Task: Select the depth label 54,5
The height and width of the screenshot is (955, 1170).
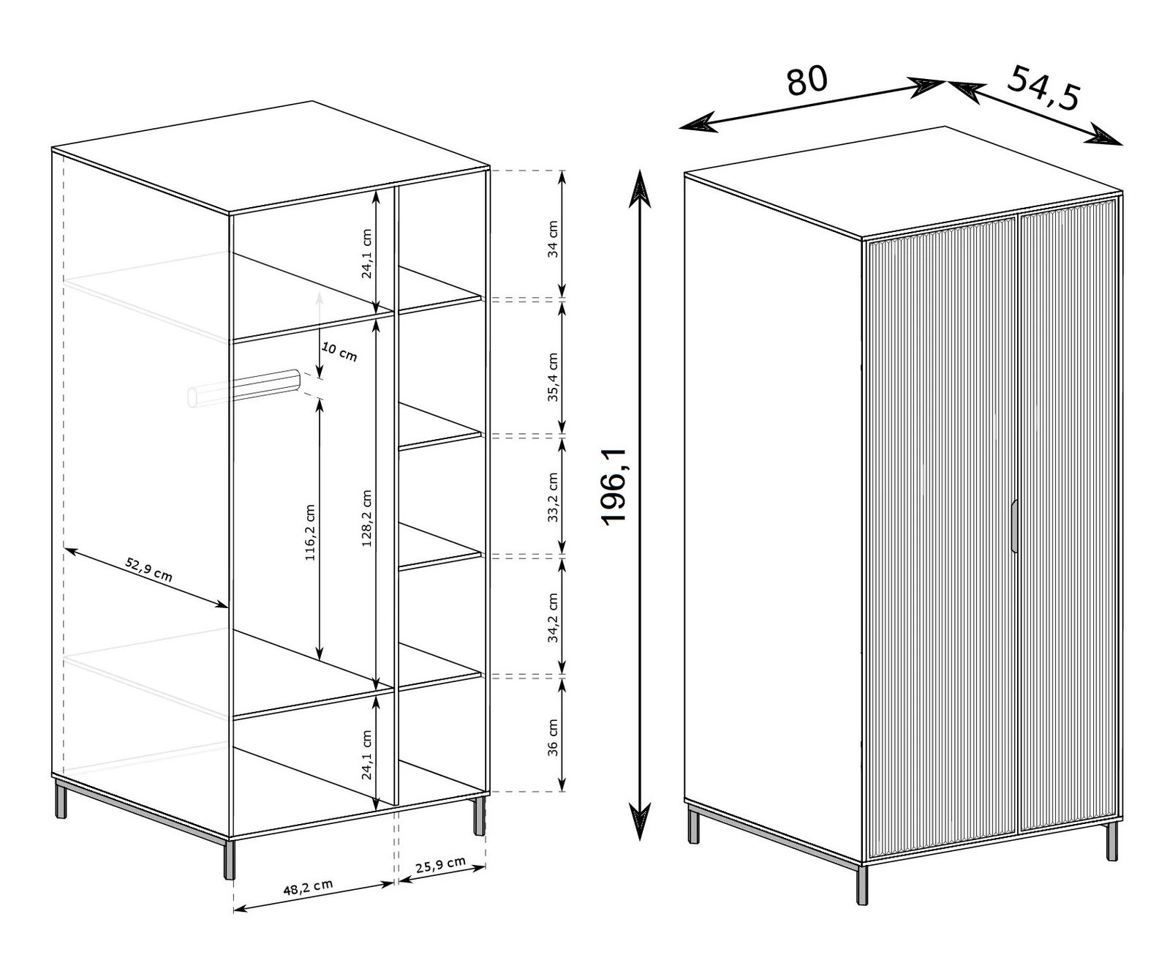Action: pyautogui.click(x=1043, y=88)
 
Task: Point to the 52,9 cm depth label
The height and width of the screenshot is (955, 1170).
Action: pyautogui.click(x=148, y=569)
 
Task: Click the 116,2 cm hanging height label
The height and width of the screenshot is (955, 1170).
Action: pyautogui.click(x=310, y=533)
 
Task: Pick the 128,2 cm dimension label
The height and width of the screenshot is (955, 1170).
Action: pyautogui.click(x=366, y=518)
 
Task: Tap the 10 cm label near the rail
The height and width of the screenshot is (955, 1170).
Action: pyautogui.click(x=339, y=351)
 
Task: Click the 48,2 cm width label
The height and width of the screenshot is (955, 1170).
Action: pyautogui.click(x=308, y=887)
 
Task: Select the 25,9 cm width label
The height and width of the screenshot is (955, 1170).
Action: pyautogui.click(x=440, y=864)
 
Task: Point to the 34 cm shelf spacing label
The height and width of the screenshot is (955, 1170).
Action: pyautogui.click(x=553, y=239)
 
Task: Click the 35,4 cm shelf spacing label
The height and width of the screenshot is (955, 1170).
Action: pyautogui.click(x=553, y=377)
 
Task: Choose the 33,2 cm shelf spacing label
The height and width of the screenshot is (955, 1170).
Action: pyautogui.click(x=553, y=497)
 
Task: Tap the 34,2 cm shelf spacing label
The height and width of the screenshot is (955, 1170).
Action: pyautogui.click(x=553, y=618)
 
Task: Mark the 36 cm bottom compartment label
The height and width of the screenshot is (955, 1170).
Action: pyautogui.click(x=553, y=738)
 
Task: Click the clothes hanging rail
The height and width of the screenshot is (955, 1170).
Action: pyautogui.click(x=244, y=388)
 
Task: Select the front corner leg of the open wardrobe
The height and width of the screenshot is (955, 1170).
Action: pyautogui.click(x=229, y=859)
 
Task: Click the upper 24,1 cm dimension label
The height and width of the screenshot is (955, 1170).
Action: pyautogui.click(x=366, y=254)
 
